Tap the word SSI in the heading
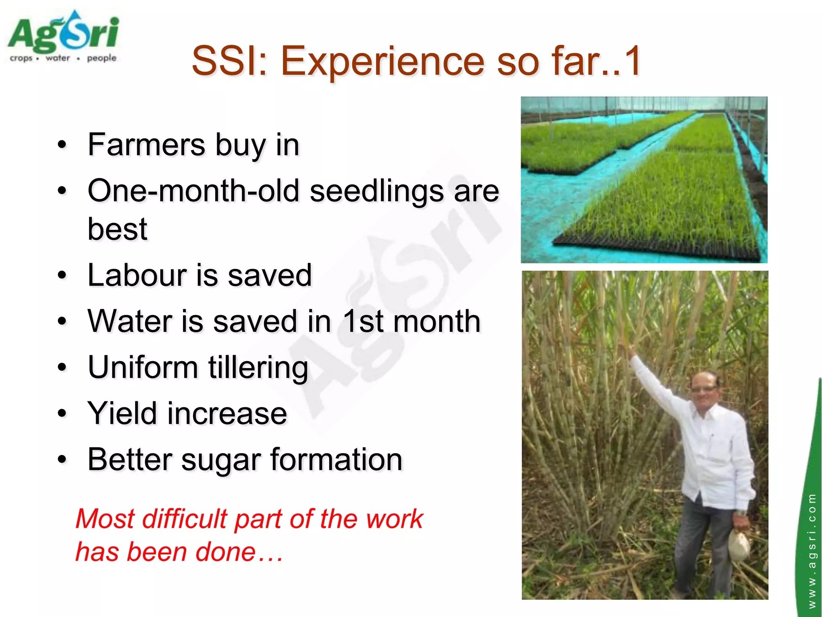pos(229,61)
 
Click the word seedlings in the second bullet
pos(377,191)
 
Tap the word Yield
pos(122,413)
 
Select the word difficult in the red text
pos(185,519)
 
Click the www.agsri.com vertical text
pos(812,550)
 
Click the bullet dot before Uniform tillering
pos(61,367)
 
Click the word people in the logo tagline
pos(102,58)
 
